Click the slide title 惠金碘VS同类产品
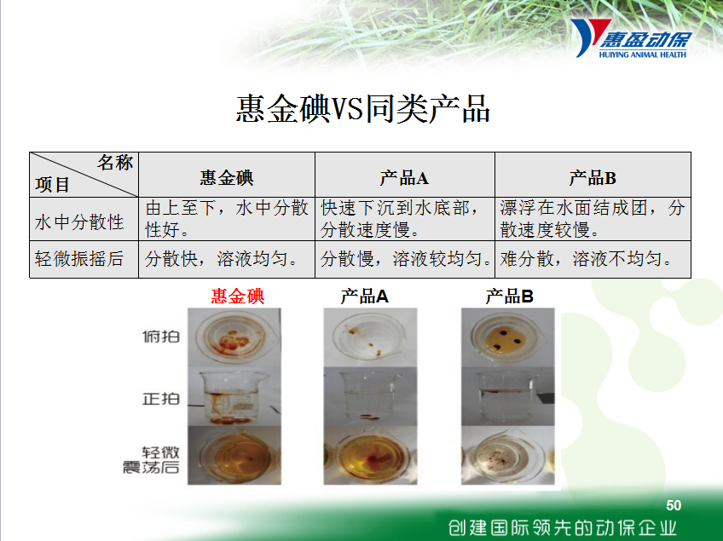coord(362,109)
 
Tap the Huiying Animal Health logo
coord(631,38)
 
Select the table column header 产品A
coord(404,177)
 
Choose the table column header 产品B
coord(593,177)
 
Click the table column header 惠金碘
coord(227,177)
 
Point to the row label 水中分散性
coord(78,222)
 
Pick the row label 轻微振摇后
coord(78,258)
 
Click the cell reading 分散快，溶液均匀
coord(222,258)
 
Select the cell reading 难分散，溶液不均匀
coord(586,258)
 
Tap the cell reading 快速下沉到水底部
coord(400,208)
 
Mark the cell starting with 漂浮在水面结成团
coord(593,218)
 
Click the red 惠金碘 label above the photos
coord(238,296)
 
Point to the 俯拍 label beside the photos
coord(161,337)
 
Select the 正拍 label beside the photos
coord(161,398)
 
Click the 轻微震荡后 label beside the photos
coord(151,460)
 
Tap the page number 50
coord(674,505)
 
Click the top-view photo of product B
coord(507,337)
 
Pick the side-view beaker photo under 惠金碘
coord(234,397)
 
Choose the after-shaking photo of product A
coord(370,455)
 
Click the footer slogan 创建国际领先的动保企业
coord(563,527)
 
